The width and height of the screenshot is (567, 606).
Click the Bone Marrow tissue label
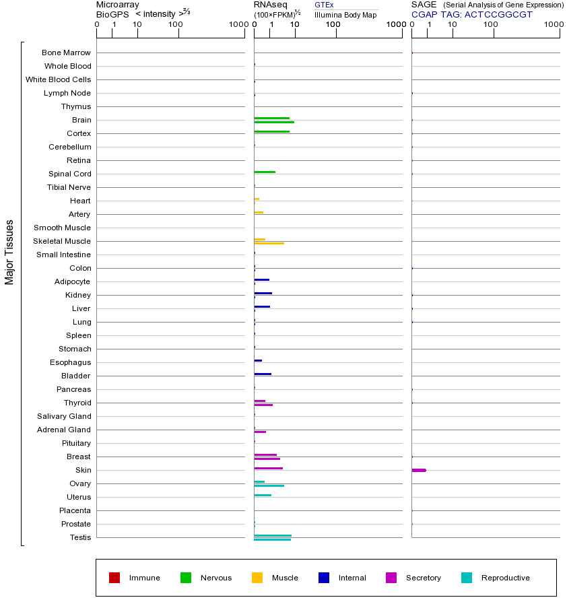pos(66,53)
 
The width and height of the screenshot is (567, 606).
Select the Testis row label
pos(80,537)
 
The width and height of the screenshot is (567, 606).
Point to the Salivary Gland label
pos(65,416)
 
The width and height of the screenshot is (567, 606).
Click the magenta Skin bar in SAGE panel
pos(418,470)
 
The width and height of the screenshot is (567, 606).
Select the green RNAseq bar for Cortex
pos(271,131)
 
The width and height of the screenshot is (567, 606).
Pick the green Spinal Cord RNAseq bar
pos(265,172)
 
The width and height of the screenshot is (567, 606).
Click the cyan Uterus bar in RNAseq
pos(263,495)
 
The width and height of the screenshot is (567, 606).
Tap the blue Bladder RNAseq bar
pos(263,374)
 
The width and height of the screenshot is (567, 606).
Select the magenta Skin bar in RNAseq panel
pos(268,468)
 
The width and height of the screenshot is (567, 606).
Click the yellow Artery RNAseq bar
pos(259,212)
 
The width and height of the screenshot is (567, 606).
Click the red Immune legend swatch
pos(114,578)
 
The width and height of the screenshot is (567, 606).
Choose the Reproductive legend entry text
pos(505,578)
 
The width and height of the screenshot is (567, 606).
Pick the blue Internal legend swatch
pos(324,578)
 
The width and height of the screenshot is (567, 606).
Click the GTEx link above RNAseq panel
pos(324,5)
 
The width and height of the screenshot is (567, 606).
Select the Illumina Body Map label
pos(345,15)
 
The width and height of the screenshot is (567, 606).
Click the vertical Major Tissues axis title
pos(9,251)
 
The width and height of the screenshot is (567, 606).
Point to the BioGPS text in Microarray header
pos(112,14)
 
